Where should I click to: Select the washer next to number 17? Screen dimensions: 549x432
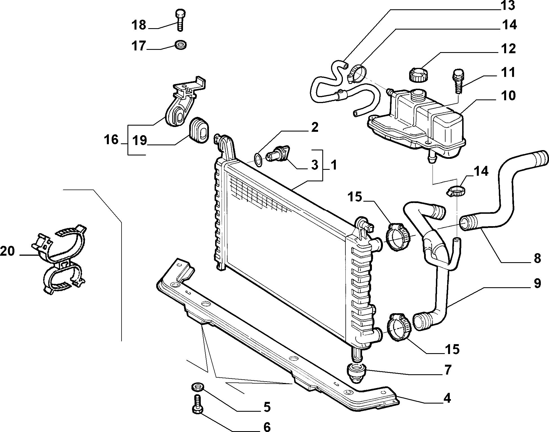180,45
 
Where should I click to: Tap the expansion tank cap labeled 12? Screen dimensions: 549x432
417,74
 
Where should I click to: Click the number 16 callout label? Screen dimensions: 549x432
111,139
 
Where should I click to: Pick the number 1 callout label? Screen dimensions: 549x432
334,165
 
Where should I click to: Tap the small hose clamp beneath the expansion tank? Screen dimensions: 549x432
456,191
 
